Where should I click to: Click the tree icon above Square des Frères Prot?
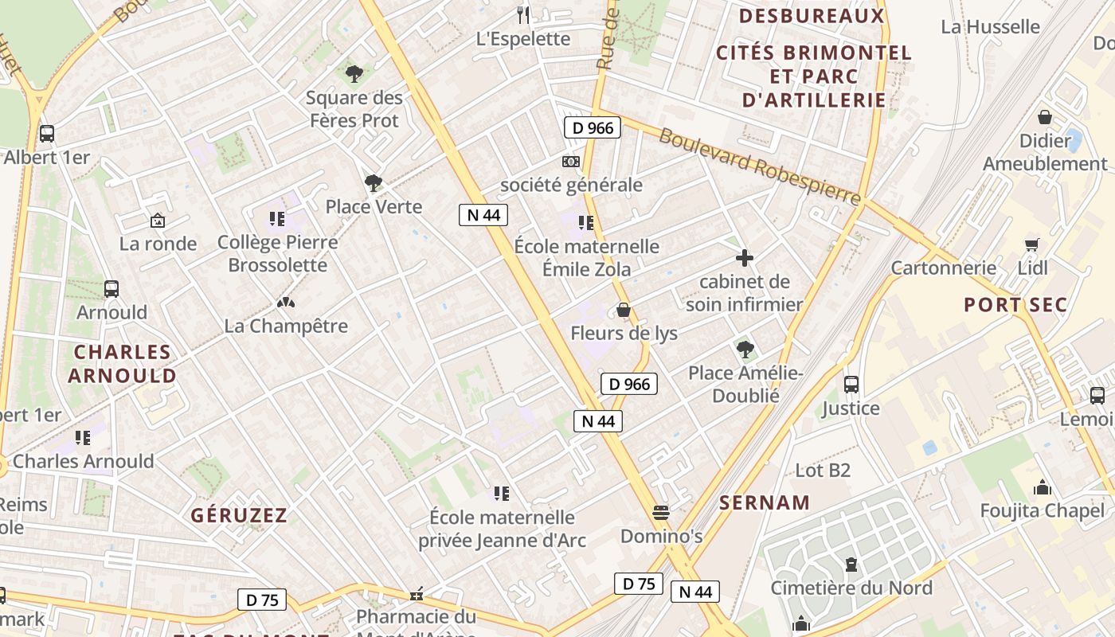coord(354,74)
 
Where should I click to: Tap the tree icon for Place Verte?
coord(373,184)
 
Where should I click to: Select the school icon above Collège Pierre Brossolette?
coord(277,219)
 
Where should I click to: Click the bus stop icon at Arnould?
coord(111,289)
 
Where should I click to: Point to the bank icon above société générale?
coord(570,162)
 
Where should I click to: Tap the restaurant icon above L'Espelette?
coord(523,14)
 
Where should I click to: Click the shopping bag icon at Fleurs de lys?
coord(624,310)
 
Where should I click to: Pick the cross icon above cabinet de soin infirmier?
coord(745,258)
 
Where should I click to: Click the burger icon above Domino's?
coord(661,512)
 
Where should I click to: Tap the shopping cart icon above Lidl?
coord(1032,244)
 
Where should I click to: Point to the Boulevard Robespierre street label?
coord(760,166)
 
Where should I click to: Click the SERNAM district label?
coord(765,502)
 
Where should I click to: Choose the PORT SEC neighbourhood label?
coord(1015,305)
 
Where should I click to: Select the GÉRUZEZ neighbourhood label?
coord(239,515)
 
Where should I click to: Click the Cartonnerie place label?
coord(944,268)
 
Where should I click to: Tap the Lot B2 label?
coord(823,471)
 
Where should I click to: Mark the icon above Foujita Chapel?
coord(1042,487)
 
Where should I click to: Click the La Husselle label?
coord(990,27)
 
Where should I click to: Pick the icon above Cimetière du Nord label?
coord(851,565)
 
